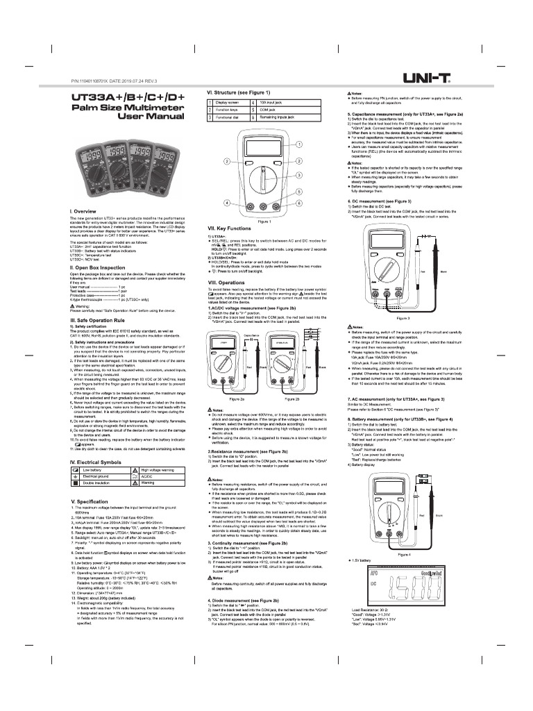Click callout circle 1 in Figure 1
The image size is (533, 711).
point(299,144)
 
